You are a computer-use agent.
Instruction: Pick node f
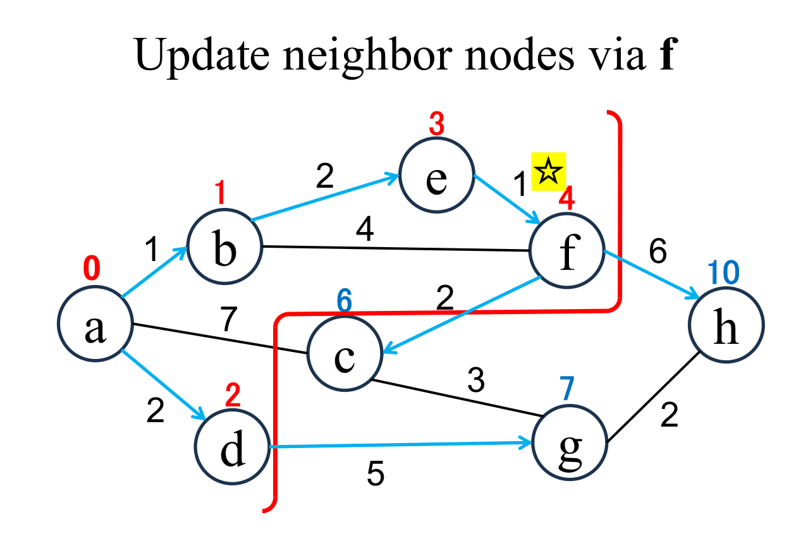[x=567, y=251]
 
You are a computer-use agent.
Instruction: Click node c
[x=345, y=353]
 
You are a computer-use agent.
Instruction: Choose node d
[x=233, y=446]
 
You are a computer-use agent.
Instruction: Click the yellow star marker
[x=548, y=171]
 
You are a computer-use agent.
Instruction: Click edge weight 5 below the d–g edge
[x=376, y=475]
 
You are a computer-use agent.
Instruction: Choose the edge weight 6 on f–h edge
[x=657, y=252]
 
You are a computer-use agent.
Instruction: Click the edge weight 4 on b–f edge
[x=365, y=230]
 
